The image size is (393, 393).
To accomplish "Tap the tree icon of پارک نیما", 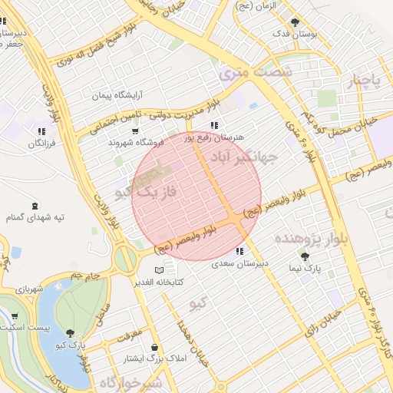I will (x=306, y=256).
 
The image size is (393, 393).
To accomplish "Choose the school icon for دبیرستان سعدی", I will (x=239, y=251).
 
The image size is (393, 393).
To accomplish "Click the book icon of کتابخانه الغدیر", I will (x=159, y=270).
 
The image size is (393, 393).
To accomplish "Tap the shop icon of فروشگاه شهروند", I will (x=135, y=130).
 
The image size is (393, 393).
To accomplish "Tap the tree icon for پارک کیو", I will (x=70, y=333).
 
